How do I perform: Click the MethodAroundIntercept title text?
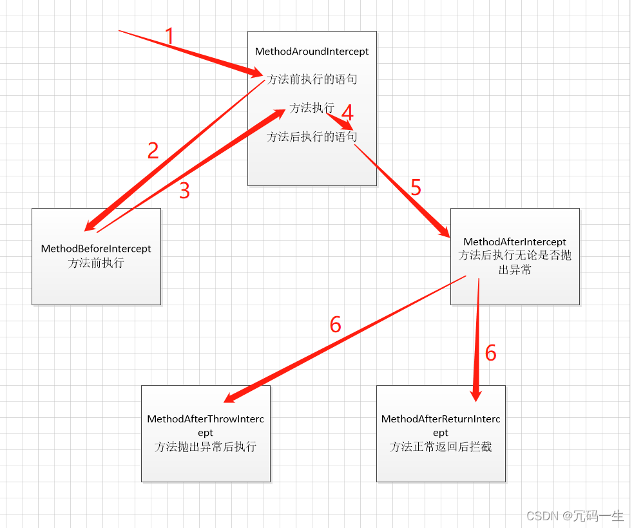pyautogui.click(x=312, y=52)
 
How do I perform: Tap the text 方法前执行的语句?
pyautogui.click(x=312, y=80)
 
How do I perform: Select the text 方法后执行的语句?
pyautogui.click(x=312, y=137)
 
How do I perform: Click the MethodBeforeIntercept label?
pyautogui.click(x=96, y=249)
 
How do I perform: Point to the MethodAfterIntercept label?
pyautogui.click(x=515, y=242)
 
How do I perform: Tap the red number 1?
pyautogui.click(x=169, y=36)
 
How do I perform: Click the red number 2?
pyautogui.click(x=153, y=151)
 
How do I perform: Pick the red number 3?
pyautogui.click(x=184, y=191)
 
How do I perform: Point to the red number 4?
pyautogui.click(x=347, y=113)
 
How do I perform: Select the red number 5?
pyautogui.click(x=416, y=187)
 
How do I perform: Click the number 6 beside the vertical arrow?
pyautogui.click(x=491, y=353)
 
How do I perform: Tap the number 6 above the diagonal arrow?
pyautogui.click(x=335, y=325)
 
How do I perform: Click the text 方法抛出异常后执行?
pyautogui.click(x=206, y=447)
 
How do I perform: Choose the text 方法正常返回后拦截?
pyautogui.click(x=441, y=447)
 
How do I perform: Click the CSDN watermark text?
pyautogui.click(x=575, y=516)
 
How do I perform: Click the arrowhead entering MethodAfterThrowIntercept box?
pyautogui.click(x=233, y=397)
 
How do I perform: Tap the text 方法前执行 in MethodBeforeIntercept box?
pyautogui.click(x=96, y=263)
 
